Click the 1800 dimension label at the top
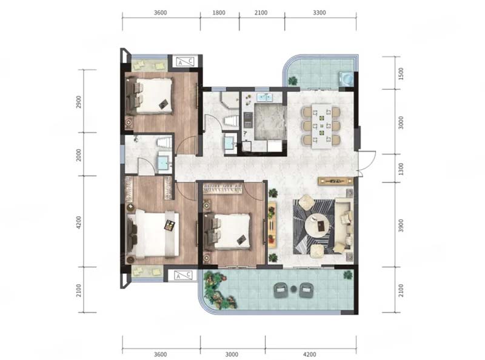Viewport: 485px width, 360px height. pos(219,13)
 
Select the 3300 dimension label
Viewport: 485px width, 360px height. pos(319,13)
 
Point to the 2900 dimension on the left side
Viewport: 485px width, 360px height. pos(79,102)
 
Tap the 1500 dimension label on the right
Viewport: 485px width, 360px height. pos(401,74)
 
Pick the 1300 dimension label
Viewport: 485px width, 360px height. pos(401,169)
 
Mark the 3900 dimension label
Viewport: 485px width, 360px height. pos(401,225)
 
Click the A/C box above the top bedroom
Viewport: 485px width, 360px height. pos(185,62)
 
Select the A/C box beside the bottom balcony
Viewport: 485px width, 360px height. pos(183,275)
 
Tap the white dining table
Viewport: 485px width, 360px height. pos(322,126)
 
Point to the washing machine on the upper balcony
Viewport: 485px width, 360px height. pos(346,78)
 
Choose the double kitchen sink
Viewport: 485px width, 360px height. pos(264,97)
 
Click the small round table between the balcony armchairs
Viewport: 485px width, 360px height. pos(293,290)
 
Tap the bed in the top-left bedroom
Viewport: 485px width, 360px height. pos(149,96)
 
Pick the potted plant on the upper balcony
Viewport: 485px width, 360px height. pos(293,81)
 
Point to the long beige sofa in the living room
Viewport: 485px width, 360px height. pos(344,225)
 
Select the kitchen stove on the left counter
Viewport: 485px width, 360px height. pos(248,119)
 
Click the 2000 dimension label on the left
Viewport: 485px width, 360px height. pos(79,155)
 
